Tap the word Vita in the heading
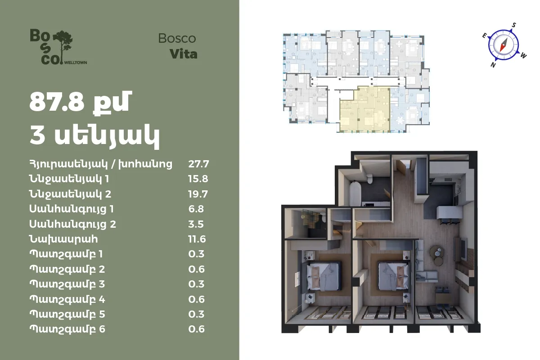point(184,54)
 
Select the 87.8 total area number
point(57,102)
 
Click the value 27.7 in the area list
point(198,164)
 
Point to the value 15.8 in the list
point(198,179)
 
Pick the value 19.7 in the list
point(198,194)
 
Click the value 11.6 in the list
point(197,239)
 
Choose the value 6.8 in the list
point(196,209)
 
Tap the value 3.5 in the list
point(196,224)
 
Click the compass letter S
point(514,25)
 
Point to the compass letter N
point(493,65)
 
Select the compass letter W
point(523,56)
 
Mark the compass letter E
point(484,36)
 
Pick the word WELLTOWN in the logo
point(76,63)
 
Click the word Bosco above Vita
point(177,39)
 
